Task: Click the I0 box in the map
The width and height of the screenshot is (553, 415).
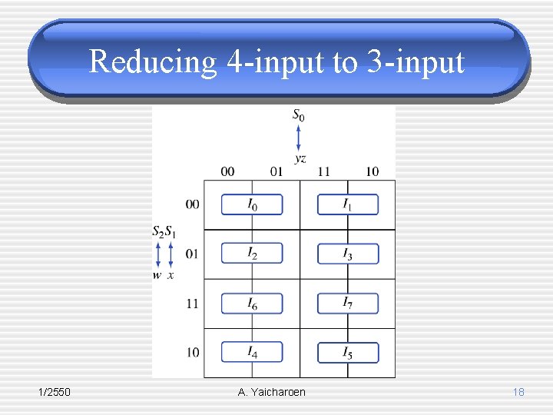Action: (x=252, y=204)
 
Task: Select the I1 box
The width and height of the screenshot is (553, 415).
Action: (x=348, y=204)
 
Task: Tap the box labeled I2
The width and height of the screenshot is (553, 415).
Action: (x=252, y=254)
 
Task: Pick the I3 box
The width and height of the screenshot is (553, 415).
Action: (x=348, y=254)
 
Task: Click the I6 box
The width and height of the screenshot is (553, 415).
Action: (x=252, y=304)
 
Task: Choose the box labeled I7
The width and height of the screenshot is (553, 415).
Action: (x=348, y=303)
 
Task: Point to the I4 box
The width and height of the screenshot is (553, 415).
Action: (x=252, y=352)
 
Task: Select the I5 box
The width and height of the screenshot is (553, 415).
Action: (x=348, y=353)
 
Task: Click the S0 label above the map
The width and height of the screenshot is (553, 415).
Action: (x=298, y=116)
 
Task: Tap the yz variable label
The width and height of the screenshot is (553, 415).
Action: (x=300, y=158)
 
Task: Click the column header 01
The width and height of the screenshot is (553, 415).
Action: (x=276, y=171)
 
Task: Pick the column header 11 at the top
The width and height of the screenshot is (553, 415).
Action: (x=323, y=171)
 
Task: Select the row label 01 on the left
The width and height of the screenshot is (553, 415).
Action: (x=192, y=254)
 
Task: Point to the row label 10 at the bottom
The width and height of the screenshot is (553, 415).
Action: (x=192, y=353)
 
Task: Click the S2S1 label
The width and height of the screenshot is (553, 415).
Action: (x=164, y=231)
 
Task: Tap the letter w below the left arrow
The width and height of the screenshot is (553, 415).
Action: (x=157, y=275)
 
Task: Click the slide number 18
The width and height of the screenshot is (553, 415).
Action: (x=518, y=393)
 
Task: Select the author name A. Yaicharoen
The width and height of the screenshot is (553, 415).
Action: (x=272, y=393)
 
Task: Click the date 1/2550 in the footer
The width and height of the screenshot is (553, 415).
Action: (x=55, y=393)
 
